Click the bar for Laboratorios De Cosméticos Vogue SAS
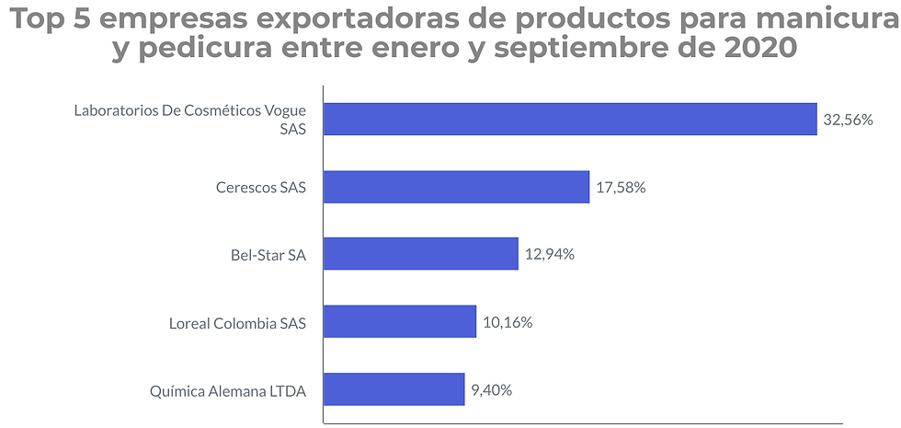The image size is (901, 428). tap(570, 119)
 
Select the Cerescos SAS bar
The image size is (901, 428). tap(456, 187)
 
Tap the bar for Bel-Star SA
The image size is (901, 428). tap(421, 254)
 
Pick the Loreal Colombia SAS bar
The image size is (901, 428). tap(400, 322)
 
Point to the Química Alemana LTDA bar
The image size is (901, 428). tap(393, 389)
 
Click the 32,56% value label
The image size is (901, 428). tap(848, 120)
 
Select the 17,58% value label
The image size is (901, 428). tap(621, 188)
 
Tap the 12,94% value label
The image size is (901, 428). tap(550, 255)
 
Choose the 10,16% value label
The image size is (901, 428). tap(508, 322)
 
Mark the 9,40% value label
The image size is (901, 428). tap(492, 390)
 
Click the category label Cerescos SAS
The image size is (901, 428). tap(260, 188)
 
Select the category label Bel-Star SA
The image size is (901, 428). tap(268, 255)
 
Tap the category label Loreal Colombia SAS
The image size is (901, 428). tap(237, 323)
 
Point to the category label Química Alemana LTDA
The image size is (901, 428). tap(227, 391)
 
